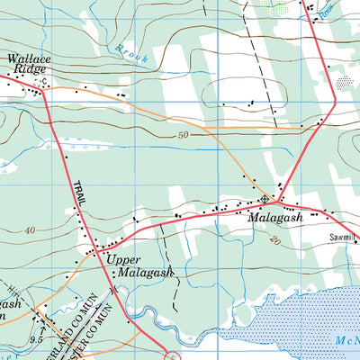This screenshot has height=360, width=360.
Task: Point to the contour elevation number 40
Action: tap(31, 230)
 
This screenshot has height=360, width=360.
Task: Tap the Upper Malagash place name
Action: tap(137, 266)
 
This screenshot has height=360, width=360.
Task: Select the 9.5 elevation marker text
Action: tap(36, 340)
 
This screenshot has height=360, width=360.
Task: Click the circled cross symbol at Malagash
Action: tap(264, 199)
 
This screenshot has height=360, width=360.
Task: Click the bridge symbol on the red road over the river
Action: tap(114, 290)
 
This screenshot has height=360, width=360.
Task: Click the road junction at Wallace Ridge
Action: tap(40, 85)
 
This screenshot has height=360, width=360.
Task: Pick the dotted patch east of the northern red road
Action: tap(344, 82)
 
